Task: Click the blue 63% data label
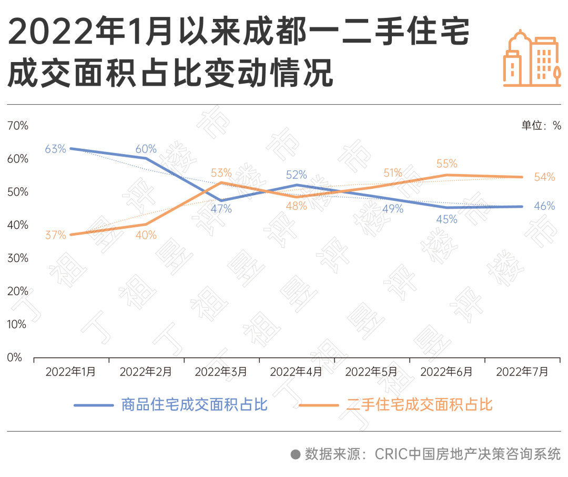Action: tap(55, 149)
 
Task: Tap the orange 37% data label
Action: tap(55, 235)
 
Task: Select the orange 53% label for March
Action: tap(221, 172)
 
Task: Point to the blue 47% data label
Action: tap(221, 209)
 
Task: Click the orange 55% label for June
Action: tap(447, 164)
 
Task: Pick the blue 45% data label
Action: tap(447, 219)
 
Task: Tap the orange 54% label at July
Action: tap(544, 177)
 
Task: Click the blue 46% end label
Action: tap(544, 206)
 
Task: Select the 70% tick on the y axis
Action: tap(18, 126)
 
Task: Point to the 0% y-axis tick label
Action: tap(15, 358)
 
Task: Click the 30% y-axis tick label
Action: tap(18, 258)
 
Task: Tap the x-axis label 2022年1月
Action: tap(70, 372)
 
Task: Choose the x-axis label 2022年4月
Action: tap(296, 372)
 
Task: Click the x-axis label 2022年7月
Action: tap(522, 372)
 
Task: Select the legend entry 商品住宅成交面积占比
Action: tap(194, 405)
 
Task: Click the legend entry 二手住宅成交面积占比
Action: tap(419, 405)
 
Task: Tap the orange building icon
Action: tap(532, 58)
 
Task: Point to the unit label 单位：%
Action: tap(541, 126)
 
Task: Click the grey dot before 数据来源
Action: tap(296, 454)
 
